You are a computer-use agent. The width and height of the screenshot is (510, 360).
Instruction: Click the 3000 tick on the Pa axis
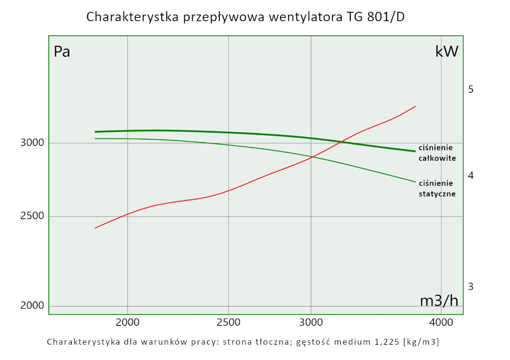33,143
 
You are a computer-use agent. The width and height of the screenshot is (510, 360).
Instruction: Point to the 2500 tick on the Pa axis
33,217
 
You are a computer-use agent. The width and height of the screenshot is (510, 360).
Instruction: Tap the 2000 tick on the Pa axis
33,306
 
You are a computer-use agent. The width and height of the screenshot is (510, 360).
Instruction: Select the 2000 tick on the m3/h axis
127,322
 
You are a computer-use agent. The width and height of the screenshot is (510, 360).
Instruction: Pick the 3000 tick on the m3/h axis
311,322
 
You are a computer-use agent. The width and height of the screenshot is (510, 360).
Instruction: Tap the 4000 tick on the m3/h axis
441,322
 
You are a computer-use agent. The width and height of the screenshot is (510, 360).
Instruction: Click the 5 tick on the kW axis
471,89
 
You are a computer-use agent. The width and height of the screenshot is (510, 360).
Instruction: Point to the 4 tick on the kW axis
471,175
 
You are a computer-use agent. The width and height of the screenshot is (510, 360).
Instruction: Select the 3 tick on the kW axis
471,287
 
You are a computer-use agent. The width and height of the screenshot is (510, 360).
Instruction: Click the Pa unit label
62,52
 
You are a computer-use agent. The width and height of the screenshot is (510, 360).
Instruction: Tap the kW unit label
446,52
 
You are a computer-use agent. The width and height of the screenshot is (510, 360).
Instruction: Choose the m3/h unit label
439,301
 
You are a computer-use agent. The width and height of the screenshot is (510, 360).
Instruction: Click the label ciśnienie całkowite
437,152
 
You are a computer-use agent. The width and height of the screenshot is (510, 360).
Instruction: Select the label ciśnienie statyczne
437,188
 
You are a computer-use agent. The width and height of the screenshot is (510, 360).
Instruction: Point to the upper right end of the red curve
416,106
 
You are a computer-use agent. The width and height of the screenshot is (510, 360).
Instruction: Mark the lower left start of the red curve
95,228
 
